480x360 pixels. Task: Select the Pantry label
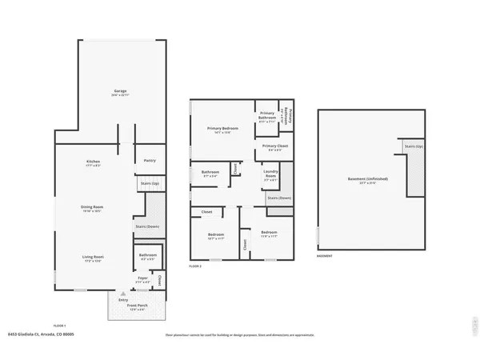coord(149,161)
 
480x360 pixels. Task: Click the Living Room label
coord(94,258)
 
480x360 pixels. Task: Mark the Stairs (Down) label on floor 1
coord(147,226)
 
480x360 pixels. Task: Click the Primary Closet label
coord(271,147)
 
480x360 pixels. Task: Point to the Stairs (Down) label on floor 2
coord(278,197)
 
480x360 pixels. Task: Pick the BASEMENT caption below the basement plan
coord(325,258)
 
